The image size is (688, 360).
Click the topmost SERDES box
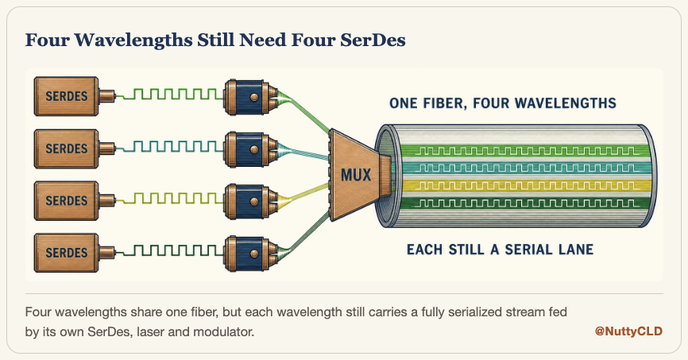click(67, 96)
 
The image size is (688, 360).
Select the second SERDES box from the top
click(67, 149)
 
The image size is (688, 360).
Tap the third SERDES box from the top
click(67, 200)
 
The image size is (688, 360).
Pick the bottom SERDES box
click(67, 253)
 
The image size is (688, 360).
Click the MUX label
click(356, 175)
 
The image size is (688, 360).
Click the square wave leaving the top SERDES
click(169, 94)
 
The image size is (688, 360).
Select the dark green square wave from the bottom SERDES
click(169, 250)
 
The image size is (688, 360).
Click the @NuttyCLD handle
click(628, 331)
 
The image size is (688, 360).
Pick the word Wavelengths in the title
click(133, 41)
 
